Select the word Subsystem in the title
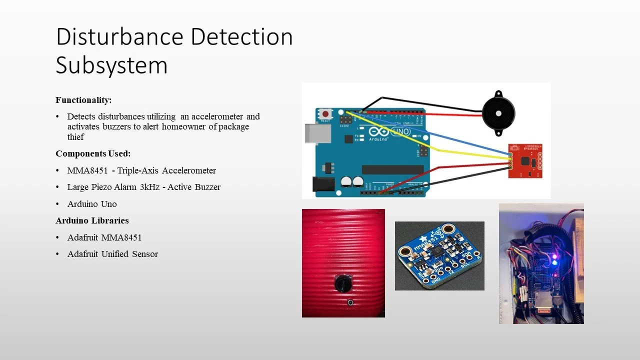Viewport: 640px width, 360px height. (x=111, y=65)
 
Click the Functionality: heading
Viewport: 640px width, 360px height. (x=83, y=100)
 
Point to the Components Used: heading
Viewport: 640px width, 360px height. (x=93, y=153)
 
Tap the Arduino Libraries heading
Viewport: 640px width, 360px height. (x=92, y=220)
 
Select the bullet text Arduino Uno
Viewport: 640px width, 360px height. (x=92, y=204)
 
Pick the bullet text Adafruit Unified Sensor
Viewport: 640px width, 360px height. (x=112, y=254)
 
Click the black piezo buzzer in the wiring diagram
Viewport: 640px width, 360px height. (x=498, y=113)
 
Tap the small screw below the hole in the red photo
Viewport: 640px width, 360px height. (x=350, y=303)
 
